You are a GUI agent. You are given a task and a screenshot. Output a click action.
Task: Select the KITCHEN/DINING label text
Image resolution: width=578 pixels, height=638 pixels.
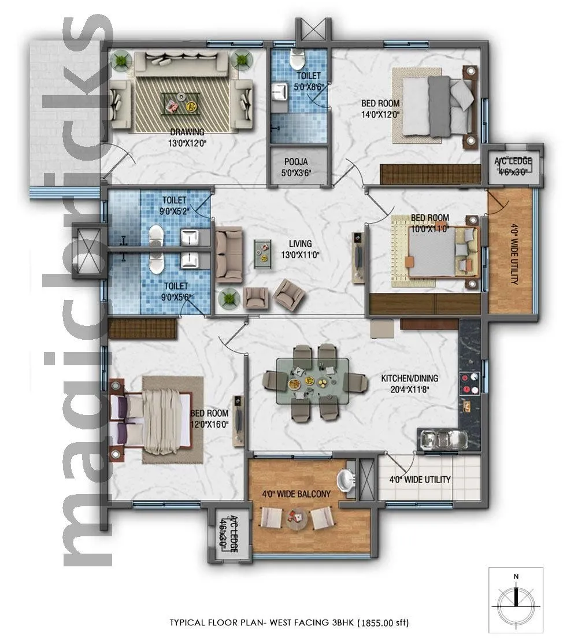[x=409, y=379]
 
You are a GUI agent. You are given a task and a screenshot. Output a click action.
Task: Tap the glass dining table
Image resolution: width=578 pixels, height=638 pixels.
[x=312, y=381]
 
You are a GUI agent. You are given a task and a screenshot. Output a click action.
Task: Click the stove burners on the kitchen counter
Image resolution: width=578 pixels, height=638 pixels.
[x=468, y=383]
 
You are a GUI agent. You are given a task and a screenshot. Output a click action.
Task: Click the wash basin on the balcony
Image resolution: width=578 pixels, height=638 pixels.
[x=346, y=480]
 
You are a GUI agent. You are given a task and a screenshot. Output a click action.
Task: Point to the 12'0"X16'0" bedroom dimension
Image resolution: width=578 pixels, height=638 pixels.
[x=209, y=424]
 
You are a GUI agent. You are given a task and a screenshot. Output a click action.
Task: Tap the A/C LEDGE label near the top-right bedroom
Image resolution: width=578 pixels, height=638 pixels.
[x=513, y=161]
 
